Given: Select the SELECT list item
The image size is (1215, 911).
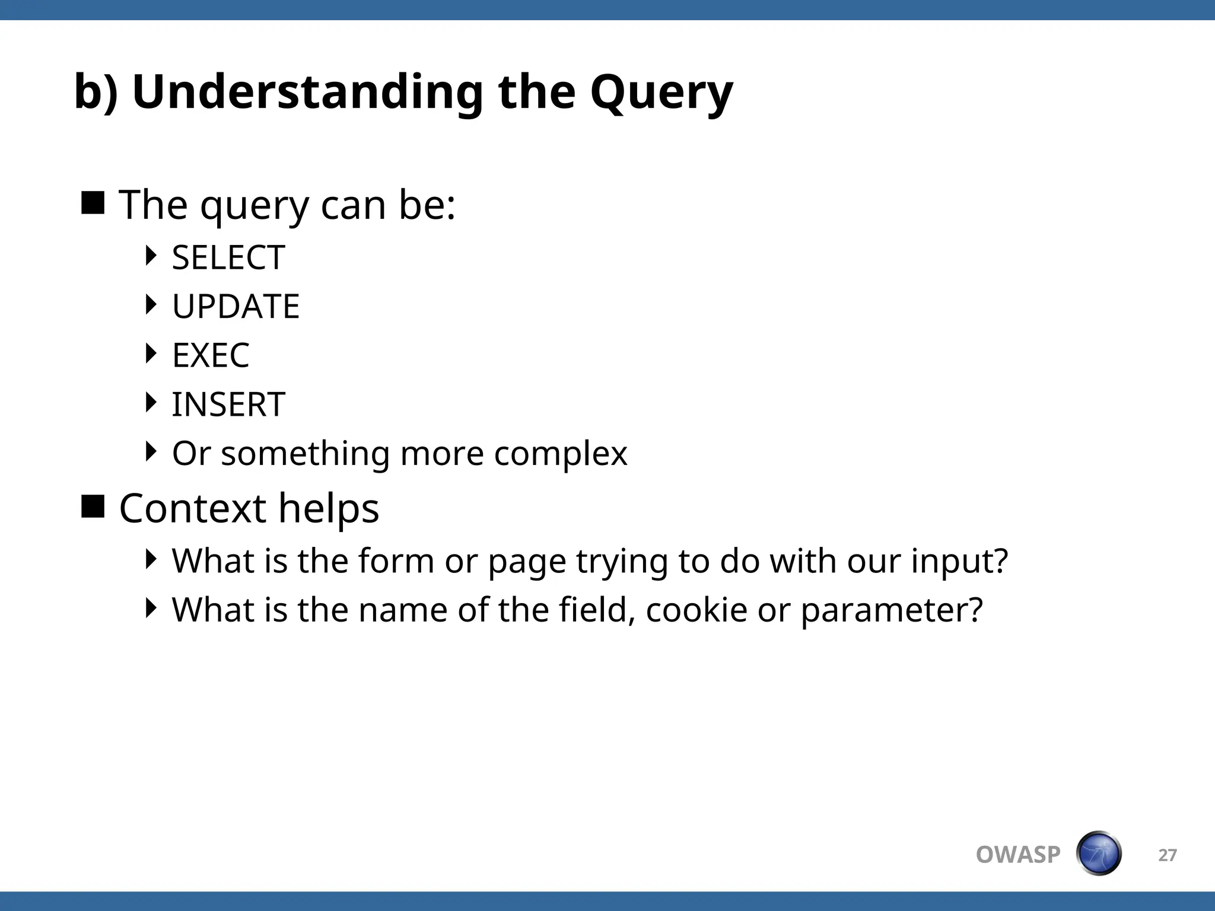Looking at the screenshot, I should click(228, 258).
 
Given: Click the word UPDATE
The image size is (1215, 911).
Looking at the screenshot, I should click(236, 307).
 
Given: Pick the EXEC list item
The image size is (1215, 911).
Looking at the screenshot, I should click(211, 356).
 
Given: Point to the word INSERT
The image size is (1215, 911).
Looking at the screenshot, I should click(228, 404).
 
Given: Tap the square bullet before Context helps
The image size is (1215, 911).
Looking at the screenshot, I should click(93, 507).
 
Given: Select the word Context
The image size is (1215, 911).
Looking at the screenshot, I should click(192, 509).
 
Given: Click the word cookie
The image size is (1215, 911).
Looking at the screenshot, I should click(696, 610).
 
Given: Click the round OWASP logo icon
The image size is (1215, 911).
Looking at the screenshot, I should click(1098, 853).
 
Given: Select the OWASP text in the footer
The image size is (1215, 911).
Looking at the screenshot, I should click(1017, 855).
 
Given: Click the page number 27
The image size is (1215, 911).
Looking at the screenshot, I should click(1167, 855).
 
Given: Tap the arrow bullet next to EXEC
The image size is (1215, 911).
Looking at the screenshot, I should click(151, 353).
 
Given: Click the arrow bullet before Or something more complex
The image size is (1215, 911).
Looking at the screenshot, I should click(151, 451).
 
